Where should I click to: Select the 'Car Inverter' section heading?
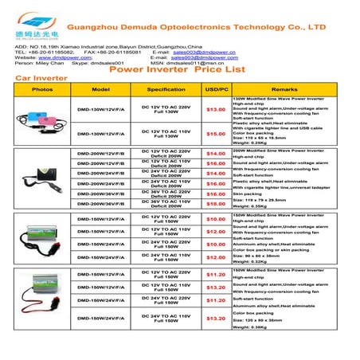[33, 80]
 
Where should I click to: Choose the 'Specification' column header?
[166, 89]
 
